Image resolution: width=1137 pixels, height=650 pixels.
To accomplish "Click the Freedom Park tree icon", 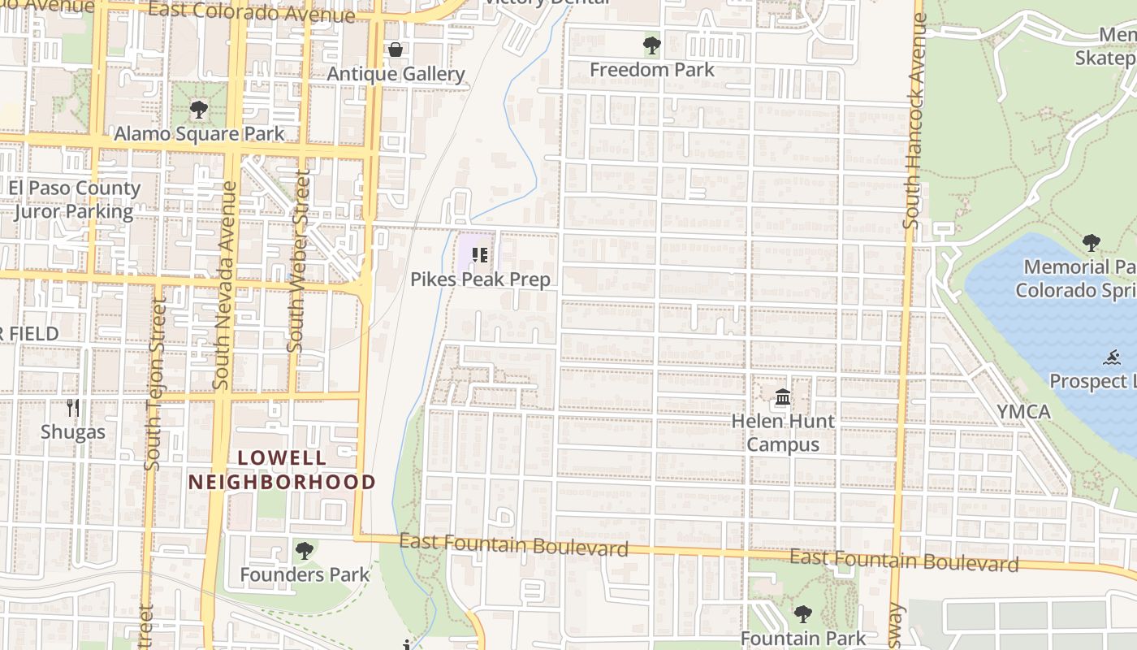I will (x=651, y=45).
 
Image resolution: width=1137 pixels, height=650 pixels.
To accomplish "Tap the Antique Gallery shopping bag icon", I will (x=396, y=50).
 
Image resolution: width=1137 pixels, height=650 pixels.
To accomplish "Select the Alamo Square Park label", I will (x=199, y=134).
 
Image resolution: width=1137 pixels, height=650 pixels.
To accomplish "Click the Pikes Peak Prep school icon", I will (x=480, y=256).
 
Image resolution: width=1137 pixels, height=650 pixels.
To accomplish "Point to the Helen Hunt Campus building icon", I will (x=783, y=397).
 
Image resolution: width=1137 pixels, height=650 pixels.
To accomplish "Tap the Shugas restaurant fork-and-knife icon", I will (x=73, y=408).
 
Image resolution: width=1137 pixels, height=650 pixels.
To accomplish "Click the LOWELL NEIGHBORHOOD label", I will (x=282, y=470).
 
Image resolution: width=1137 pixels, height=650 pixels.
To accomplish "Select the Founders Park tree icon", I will (x=305, y=551).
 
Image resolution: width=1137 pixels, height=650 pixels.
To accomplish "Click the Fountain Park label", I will (x=803, y=639).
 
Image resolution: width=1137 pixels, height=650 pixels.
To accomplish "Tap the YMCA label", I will (x=1024, y=412).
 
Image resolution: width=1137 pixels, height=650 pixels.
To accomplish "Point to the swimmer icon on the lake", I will (x=1113, y=357).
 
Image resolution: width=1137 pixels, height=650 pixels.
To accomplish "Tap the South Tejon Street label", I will (x=153, y=382).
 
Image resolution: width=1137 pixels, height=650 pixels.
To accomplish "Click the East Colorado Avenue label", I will (x=252, y=12).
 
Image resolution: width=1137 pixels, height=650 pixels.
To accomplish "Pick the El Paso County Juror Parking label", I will (x=75, y=200).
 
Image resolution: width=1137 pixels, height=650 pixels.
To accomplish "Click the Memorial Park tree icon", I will (x=1091, y=242).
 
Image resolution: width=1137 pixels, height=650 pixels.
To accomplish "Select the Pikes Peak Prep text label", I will (x=480, y=279).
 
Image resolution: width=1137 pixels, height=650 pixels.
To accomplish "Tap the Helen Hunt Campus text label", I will (x=783, y=432).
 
